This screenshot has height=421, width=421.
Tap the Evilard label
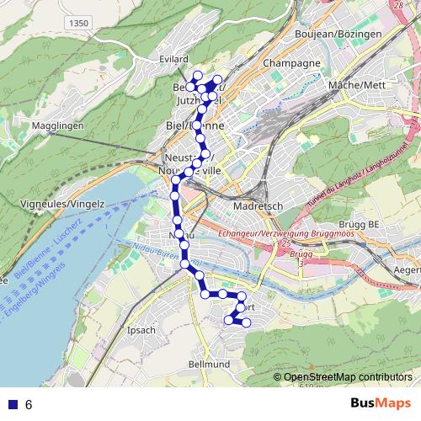click(x=174, y=59)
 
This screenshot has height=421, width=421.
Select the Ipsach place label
click(x=140, y=330)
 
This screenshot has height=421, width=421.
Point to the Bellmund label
click(x=210, y=364)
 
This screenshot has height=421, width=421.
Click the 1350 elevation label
click(x=79, y=23)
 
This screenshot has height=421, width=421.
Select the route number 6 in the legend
click(x=29, y=404)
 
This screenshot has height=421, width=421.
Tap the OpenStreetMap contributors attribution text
click(x=348, y=377)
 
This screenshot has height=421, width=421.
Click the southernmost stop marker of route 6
click(x=246, y=323)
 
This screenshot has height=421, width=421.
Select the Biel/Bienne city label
click(x=189, y=126)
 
